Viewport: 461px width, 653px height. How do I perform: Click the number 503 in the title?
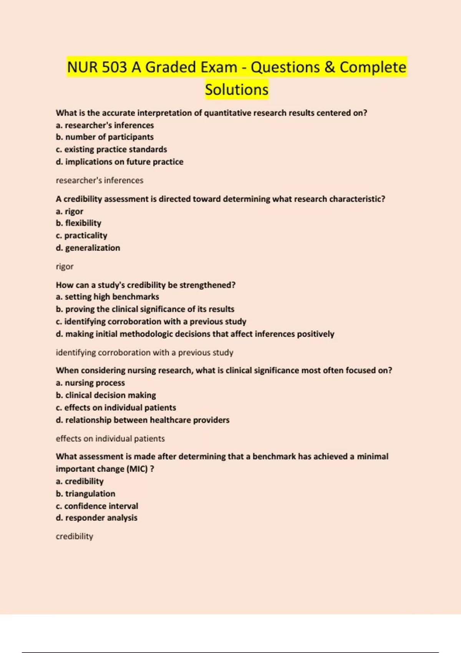(x=114, y=67)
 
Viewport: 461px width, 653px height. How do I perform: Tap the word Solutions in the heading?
(x=236, y=89)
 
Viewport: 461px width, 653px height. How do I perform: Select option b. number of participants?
(x=104, y=137)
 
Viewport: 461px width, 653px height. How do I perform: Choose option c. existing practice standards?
(x=111, y=149)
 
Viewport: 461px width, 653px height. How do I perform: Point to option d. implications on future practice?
(x=119, y=162)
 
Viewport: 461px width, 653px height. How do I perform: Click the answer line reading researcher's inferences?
(x=99, y=180)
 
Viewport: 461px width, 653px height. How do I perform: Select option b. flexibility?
(x=78, y=223)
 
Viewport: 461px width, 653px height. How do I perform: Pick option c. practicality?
(x=81, y=235)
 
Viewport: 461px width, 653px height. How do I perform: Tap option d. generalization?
(x=88, y=248)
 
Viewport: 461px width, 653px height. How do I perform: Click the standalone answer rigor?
(x=65, y=266)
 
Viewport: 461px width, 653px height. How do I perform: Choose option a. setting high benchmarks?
(x=107, y=297)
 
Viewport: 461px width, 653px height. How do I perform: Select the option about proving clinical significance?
(x=145, y=309)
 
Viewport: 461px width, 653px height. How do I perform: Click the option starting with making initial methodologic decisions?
(x=195, y=334)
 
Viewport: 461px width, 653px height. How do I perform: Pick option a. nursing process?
(x=90, y=383)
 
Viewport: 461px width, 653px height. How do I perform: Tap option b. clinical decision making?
(x=106, y=395)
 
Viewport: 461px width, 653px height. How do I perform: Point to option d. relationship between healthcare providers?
(x=143, y=420)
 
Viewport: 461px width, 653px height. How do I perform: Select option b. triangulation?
(x=85, y=494)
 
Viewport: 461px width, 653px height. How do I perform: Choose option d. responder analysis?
(x=96, y=518)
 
